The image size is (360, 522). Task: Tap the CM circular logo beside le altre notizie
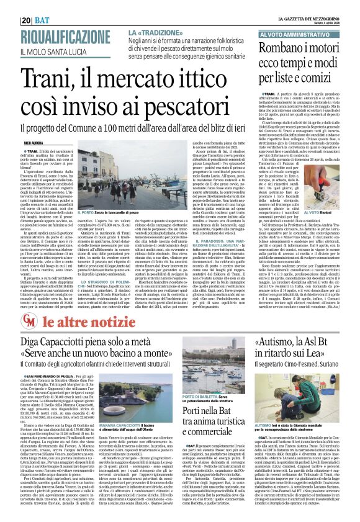coord(30,318)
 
